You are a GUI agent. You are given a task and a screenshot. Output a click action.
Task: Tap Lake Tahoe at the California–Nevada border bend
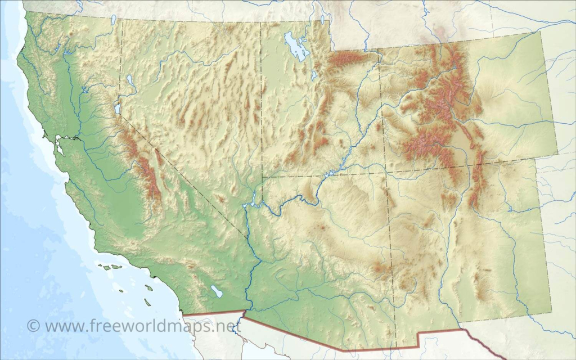point(118,107)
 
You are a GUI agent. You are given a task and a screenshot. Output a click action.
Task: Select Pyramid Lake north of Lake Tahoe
point(130,80)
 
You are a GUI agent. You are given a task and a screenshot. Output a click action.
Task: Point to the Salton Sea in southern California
point(217,291)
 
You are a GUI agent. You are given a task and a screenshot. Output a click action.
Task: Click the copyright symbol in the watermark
point(34,326)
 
